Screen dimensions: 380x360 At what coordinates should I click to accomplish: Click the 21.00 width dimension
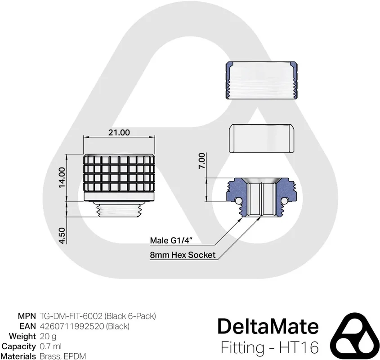(x=119, y=132)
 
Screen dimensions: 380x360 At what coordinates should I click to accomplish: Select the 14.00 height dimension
(x=62, y=177)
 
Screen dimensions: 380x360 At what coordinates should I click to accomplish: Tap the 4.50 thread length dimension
(x=62, y=235)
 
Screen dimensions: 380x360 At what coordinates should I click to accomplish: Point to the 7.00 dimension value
(x=201, y=161)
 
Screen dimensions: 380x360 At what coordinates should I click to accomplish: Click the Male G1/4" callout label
(x=171, y=240)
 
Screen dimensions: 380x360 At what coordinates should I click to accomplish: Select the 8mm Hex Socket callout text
(x=183, y=255)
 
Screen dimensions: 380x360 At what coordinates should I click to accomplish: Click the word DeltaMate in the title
(x=268, y=326)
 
